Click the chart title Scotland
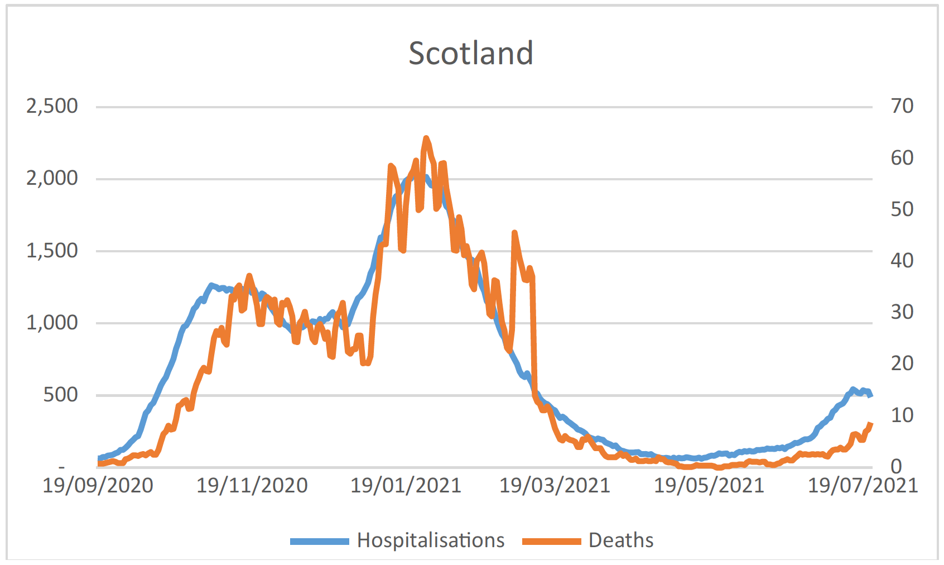click(x=471, y=54)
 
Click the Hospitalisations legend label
click(x=431, y=540)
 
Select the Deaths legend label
click(x=621, y=540)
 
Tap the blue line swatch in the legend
click(x=319, y=541)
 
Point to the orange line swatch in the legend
click(x=551, y=541)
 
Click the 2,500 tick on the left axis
click(x=52, y=106)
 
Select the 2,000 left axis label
click(x=52, y=178)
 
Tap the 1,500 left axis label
click(x=52, y=251)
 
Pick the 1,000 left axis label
click(x=52, y=323)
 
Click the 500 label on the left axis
click(x=60, y=395)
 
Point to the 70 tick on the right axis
click(x=902, y=106)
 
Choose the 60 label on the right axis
click(x=902, y=158)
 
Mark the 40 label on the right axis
click(x=902, y=261)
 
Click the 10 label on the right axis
click(x=902, y=415)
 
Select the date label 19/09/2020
click(x=98, y=486)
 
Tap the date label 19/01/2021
click(x=406, y=486)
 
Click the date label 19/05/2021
click(x=709, y=486)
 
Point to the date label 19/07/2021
click(x=863, y=486)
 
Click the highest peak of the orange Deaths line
click(x=426, y=138)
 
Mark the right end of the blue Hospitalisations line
click(x=871, y=395)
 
